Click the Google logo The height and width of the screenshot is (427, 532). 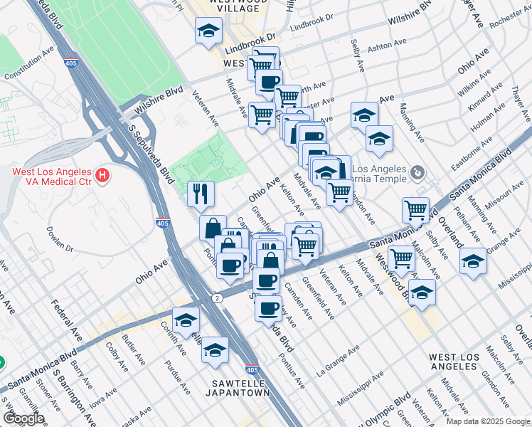pos(23,418)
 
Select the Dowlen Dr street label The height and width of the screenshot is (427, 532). pos(60,238)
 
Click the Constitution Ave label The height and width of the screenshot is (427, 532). pos(29,64)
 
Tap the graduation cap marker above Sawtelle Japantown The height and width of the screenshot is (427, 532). pos(215,350)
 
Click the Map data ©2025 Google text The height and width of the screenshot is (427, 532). pos(488,421)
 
